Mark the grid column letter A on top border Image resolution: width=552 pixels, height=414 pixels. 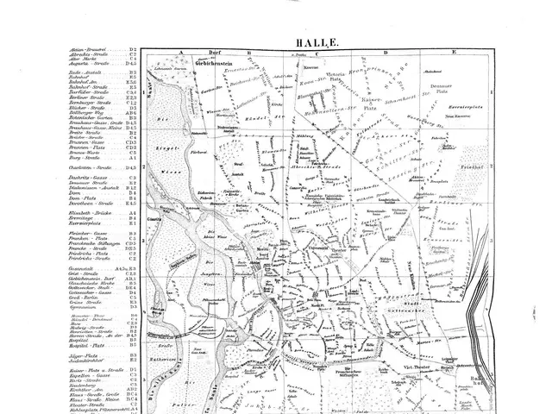pos(183,53)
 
